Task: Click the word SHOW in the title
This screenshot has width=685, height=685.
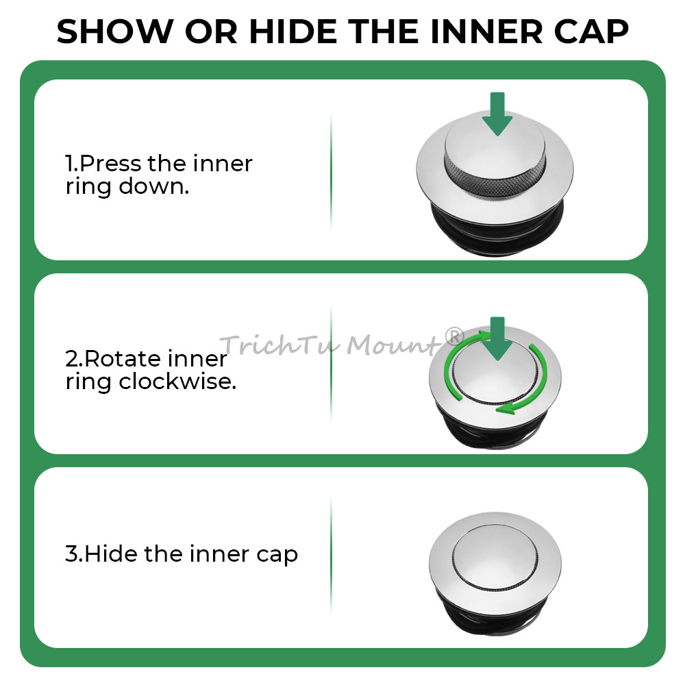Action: click(115, 32)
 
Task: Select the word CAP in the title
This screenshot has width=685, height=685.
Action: click(591, 32)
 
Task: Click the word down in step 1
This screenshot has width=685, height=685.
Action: click(153, 186)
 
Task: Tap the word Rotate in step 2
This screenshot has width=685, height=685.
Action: click(122, 359)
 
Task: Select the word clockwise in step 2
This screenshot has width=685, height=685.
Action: click(178, 382)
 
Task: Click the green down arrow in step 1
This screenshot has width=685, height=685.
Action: click(497, 114)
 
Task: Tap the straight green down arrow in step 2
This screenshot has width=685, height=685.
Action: click(497, 338)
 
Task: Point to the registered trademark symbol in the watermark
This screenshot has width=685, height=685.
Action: click(454, 336)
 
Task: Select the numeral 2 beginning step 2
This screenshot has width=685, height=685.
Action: click(72, 359)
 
